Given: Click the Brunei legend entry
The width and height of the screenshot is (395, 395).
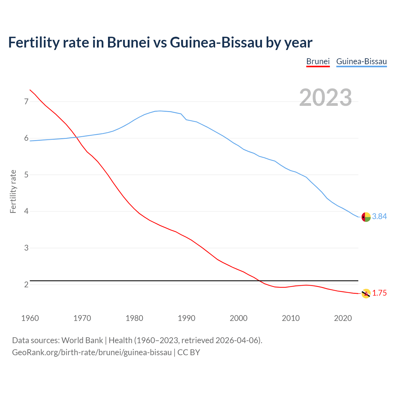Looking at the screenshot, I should coord(318,61).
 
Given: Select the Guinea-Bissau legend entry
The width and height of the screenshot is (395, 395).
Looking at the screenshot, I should coord(361,61).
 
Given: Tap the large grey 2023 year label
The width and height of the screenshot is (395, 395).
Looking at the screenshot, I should coord(326,98).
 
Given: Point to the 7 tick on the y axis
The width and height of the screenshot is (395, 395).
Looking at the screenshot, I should coord(26,102).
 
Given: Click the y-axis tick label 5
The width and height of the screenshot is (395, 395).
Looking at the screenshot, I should coord(26,175).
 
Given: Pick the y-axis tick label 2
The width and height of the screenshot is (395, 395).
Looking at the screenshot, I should coord(26,285).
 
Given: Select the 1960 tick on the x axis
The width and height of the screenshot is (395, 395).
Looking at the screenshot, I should coord(30,318).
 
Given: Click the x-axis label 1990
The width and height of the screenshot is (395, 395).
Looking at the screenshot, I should coord(186,318).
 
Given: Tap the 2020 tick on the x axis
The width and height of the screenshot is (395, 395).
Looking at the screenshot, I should coord(343,318).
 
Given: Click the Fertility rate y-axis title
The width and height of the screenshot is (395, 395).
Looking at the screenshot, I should coord(13,191).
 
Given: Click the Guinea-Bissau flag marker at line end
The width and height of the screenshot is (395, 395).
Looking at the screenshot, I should coord(366,217).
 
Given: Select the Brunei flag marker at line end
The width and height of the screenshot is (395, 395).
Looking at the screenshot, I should coord(366,293).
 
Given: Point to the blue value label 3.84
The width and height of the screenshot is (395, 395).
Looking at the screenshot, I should coord(379,217).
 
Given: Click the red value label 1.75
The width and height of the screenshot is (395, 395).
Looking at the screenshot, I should coord(379,293).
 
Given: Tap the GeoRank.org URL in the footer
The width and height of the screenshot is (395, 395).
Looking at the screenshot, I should coord(92,352).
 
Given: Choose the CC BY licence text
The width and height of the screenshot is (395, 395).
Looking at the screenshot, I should coord(189,352).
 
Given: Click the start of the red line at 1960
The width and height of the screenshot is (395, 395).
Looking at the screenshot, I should coord(30,90).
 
